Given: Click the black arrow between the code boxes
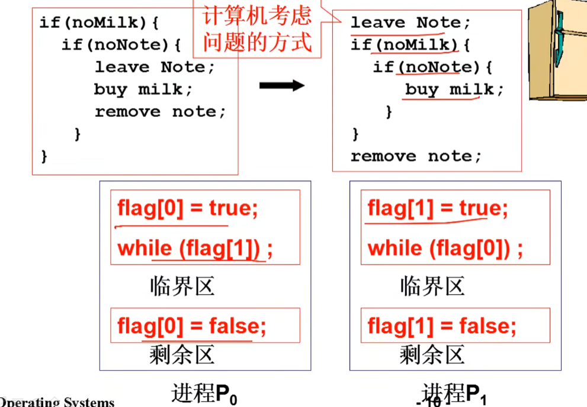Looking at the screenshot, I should [282, 85].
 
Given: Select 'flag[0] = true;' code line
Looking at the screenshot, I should [188, 209].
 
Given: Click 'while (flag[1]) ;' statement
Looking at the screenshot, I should [195, 249].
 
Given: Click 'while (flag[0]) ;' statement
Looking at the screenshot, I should [445, 249].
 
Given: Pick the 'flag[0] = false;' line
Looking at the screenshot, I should [192, 326].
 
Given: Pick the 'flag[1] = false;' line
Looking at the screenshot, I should [442, 326].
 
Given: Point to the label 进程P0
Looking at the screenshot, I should [204, 393].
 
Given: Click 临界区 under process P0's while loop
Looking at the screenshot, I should [182, 287].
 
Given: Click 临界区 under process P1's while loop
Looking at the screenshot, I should [432, 287].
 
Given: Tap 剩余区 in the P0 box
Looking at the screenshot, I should [182, 355].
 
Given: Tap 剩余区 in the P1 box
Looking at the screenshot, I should [432, 355].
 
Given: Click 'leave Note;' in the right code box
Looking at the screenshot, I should [410, 23].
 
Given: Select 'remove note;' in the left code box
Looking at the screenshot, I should [160, 112].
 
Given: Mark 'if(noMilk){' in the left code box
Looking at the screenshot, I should [100, 23].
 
